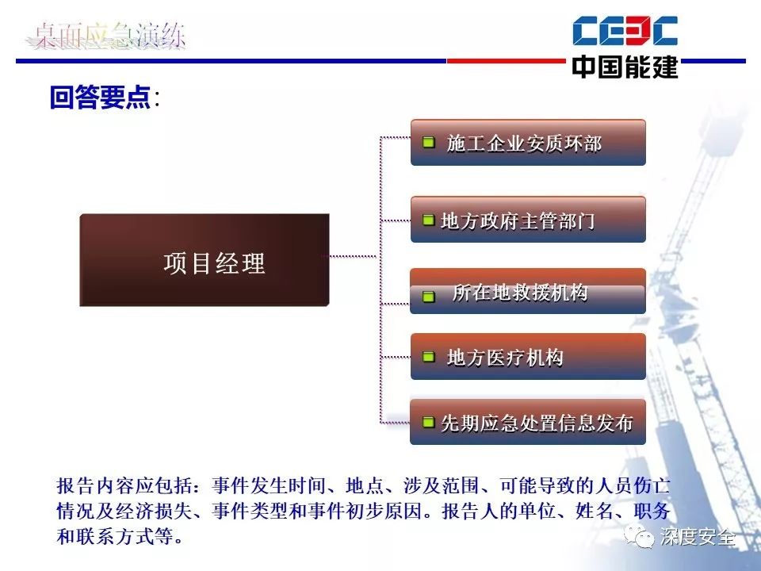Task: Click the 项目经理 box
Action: pyautogui.click(x=205, y=260)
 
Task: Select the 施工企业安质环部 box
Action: pyautogui.click(x=528, y=143)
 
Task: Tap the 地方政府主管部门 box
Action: pyautogui.click(x=528, y=220)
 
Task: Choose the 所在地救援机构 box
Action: pyautogui.click(x=528, y=291)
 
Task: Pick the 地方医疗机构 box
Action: pyautogui.click(x=528, y=356)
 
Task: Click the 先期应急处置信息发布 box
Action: pyautogui.click(x=528, y=422)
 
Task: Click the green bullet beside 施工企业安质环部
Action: pyautogui.click(x=429, y=142)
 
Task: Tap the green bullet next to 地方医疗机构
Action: pyautogui.click(x=429, y=357)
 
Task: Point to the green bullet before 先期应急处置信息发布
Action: pyautogui.click(x=429, y=422)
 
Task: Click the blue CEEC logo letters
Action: pyautogui.click(x=625, y=31)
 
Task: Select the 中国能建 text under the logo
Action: pyautogui.click(x=625, y=67)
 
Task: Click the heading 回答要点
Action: pyautogui.click(x=101, y=97)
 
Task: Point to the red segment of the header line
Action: pyautogui.click(x=507, y=61)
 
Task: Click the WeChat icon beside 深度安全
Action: pyautogui.click(x=639, y=535)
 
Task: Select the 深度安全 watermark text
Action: pyautogui.click(x=698, y=537)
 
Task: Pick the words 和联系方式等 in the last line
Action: pyautogui.click(x=114, y=537)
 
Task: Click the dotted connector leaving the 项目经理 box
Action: pyautogui.click(x=353, y=256)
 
